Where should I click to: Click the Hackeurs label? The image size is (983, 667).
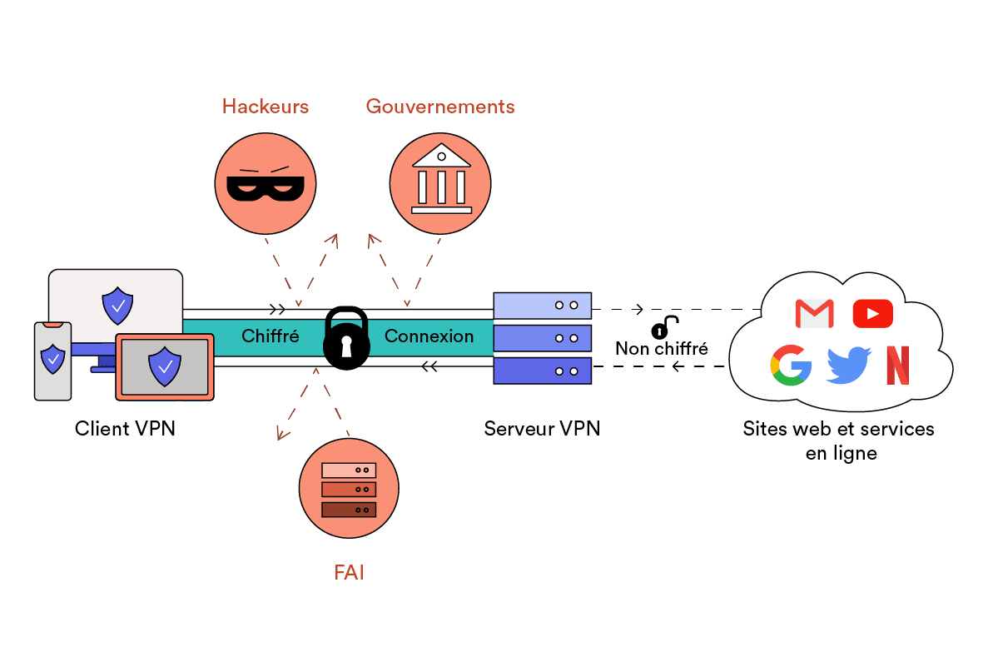(265, 107)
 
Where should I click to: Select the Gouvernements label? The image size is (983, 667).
(439, 107)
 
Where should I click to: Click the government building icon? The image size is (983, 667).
(440, 179)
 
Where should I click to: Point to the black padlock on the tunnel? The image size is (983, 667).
(345, 338)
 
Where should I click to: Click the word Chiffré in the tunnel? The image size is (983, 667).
(271, 336)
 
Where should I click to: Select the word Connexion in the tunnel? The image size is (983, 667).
(429, 336)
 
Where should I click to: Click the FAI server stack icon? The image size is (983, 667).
(349, 489)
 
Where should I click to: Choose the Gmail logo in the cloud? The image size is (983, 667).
(814, 313)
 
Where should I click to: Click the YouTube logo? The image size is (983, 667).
(872, 313)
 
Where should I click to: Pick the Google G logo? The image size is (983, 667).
(791, 366)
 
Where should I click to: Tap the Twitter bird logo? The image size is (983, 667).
(848, 366)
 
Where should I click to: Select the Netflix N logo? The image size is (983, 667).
(897, 366)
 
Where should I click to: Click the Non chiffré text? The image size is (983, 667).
(662, 348)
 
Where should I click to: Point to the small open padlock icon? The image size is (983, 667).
(664, 326)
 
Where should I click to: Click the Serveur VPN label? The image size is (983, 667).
(542, 429)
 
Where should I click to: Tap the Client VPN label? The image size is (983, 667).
(125, 429)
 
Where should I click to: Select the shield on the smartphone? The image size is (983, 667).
(52, 359)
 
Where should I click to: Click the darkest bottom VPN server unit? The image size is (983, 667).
(542, 371)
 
